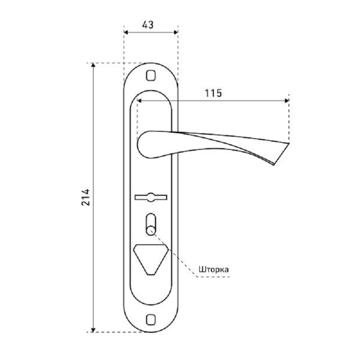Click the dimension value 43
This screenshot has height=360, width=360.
pos(148,25)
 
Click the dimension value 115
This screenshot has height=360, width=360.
pos(213,93)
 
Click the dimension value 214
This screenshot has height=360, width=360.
pos(86,197)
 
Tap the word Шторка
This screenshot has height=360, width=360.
pos(213,269)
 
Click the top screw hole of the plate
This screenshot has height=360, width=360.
pos(151,76)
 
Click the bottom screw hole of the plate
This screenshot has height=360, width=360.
pos(151,319)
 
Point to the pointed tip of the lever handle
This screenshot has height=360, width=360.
pos(288,143)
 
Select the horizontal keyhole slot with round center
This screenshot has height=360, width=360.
pos(151,198)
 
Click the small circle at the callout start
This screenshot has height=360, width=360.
pos(151,231)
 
